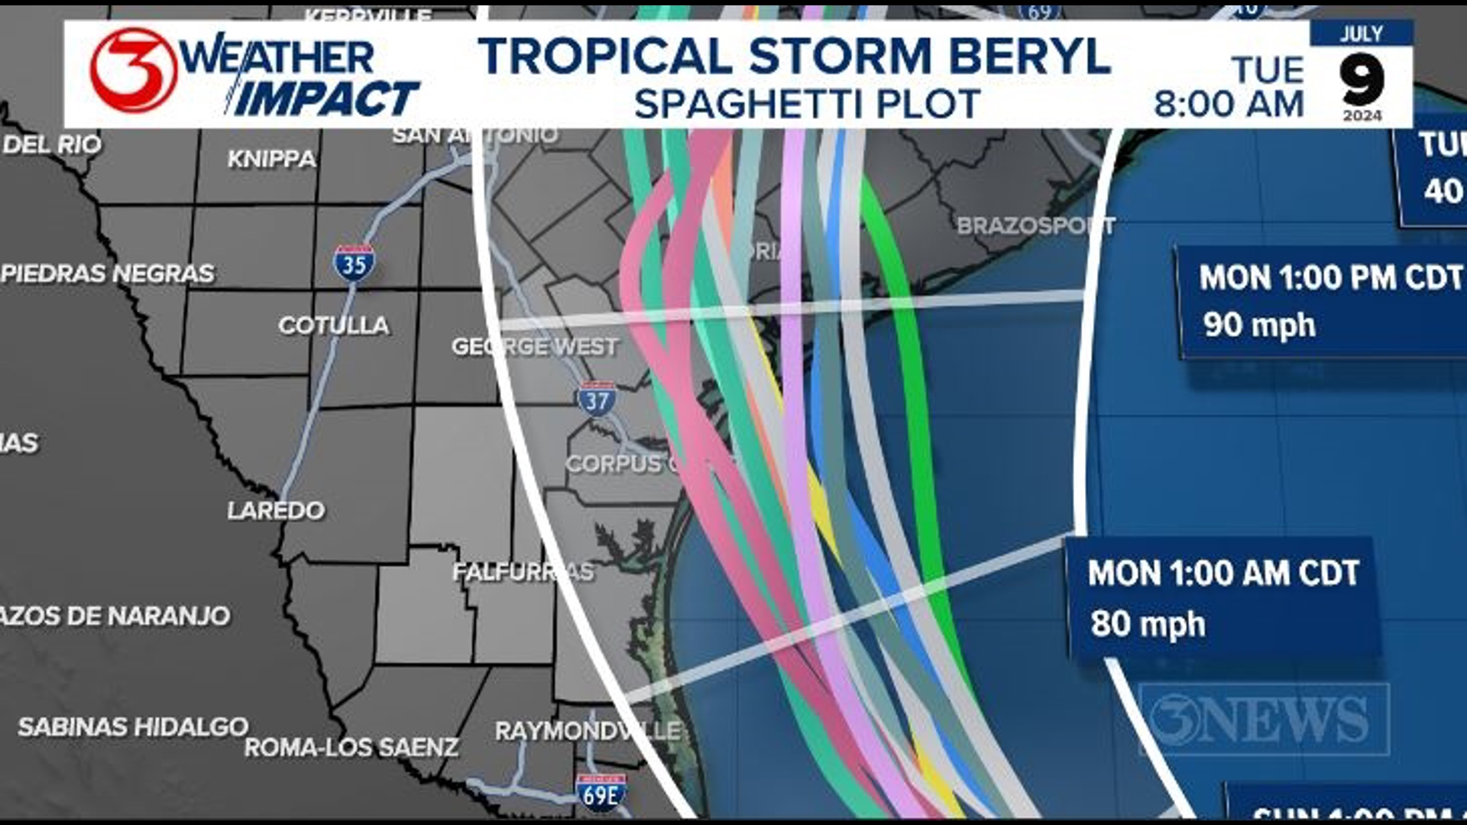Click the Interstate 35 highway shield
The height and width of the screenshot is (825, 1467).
[x=354, y=264]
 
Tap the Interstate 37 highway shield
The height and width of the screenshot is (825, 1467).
[x=597, y=400]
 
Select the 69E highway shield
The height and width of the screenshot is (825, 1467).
[x=601, y=794]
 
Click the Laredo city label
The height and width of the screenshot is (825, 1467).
[x=276, y=510]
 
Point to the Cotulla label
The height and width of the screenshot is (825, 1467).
[x=334, y=325]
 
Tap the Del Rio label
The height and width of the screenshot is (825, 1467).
[x=52, y=144]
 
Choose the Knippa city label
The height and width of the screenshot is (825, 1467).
[x=271, y=159]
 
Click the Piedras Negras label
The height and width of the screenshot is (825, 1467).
[x=108, y=273]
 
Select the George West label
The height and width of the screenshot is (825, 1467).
[x=535, y=347]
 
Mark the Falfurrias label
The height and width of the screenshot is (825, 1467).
[x=523, y=572]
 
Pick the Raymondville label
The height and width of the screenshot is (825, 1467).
[x=587, y=731]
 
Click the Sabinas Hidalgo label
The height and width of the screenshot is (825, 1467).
[x=133, y=726]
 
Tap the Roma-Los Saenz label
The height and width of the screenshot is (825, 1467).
[x=351, y=747]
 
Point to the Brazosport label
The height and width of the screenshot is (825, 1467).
[x=1035, y=226]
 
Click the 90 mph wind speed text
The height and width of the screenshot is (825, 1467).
[x=1259, y=325]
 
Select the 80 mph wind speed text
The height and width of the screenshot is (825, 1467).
[x=1148, y=623]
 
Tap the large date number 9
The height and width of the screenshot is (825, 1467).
[x=1362, y=79]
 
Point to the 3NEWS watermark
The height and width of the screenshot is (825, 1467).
[x=1263, y=719]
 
